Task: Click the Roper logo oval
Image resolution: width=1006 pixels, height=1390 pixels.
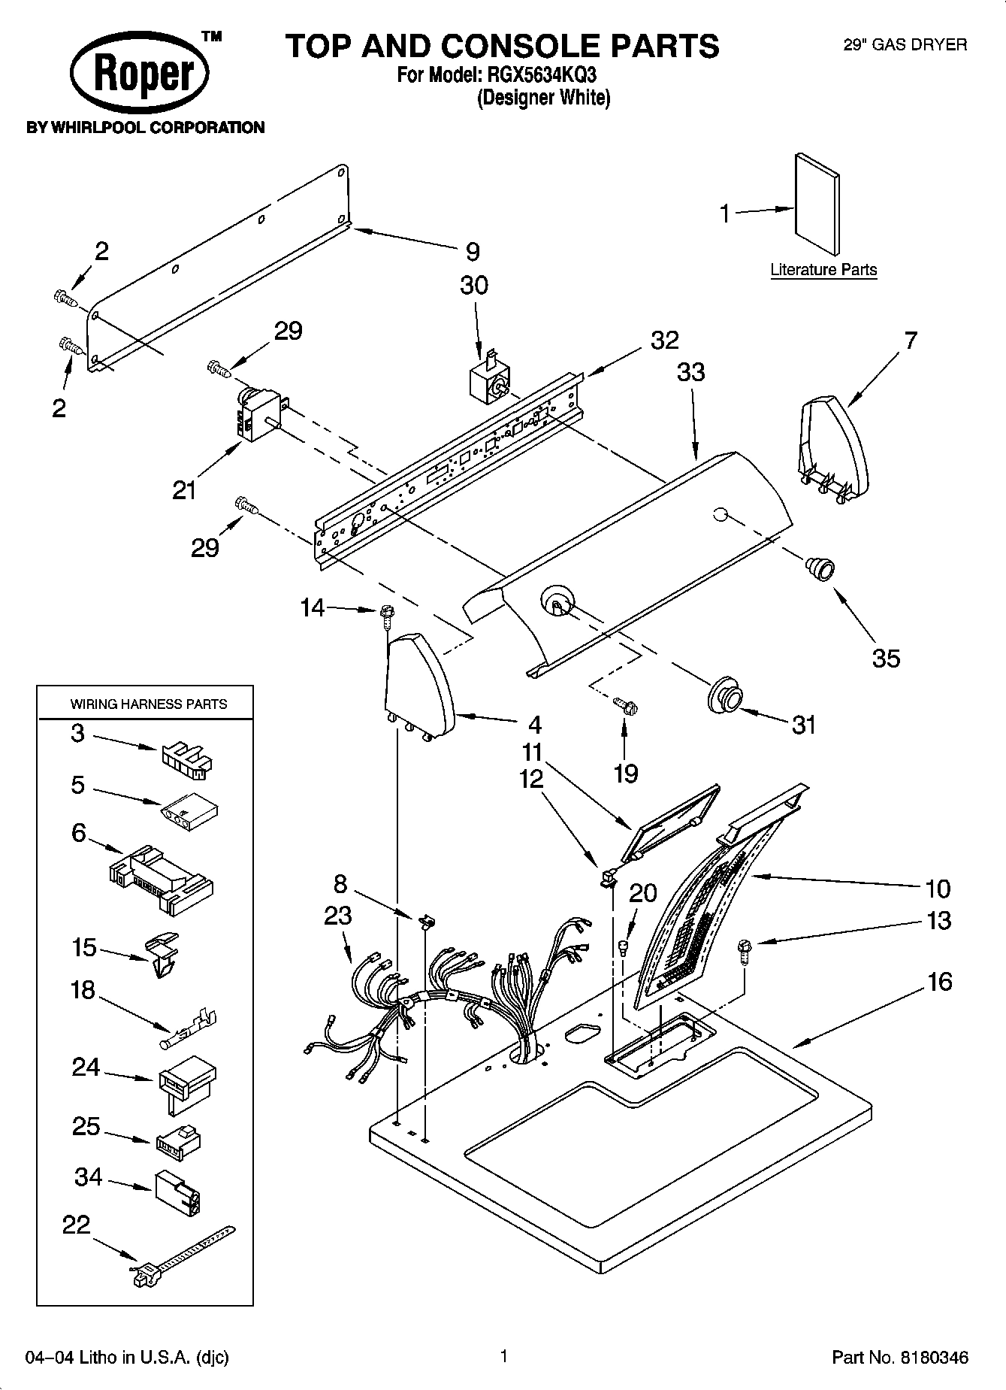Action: click(140, 75)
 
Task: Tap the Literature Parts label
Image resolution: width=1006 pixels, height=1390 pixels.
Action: click(823, 270)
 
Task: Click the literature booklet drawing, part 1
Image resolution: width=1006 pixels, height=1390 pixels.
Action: click(817, 204)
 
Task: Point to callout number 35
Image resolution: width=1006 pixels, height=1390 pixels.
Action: click(886, 659)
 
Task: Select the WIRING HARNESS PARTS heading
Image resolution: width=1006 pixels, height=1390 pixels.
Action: click(149, 704)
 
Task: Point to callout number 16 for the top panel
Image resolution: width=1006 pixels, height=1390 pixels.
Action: click(939, 982)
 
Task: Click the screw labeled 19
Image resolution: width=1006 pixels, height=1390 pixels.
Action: click(625, 705)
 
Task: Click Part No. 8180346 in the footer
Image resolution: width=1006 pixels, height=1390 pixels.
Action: click(899, 1358)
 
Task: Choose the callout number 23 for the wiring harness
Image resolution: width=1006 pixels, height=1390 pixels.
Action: click(337, 916)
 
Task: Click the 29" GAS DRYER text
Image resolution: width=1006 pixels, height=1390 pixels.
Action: click(905, 45)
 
